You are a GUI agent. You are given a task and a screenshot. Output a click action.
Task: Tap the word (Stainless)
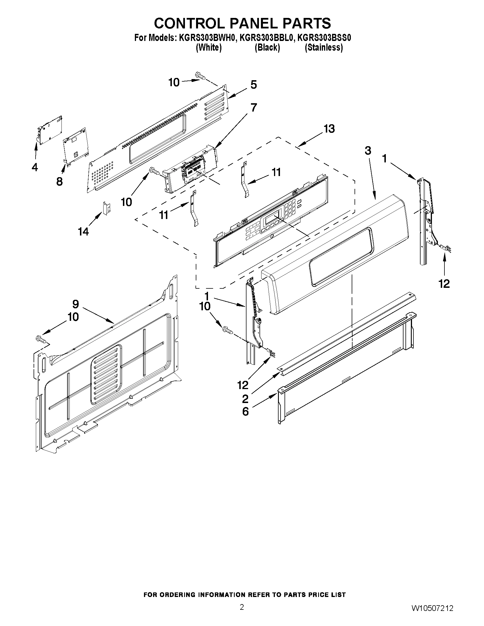click(324, 47)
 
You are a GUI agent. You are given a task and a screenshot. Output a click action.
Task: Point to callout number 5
click(254, 85)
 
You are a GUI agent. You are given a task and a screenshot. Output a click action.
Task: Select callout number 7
click(254, 108)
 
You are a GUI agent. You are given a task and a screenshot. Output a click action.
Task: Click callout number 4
click(35, 167)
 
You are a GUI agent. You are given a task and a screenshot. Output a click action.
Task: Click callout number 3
click(368, 150)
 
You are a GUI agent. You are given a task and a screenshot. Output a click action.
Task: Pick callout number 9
click(75, 304)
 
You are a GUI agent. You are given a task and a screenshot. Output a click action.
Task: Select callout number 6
click(246, 412)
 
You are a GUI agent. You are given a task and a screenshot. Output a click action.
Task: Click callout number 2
click(245, 399)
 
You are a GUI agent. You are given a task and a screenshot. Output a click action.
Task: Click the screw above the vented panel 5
click(200, 75)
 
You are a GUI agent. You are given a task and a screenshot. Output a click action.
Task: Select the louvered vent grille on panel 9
click(106, 375)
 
